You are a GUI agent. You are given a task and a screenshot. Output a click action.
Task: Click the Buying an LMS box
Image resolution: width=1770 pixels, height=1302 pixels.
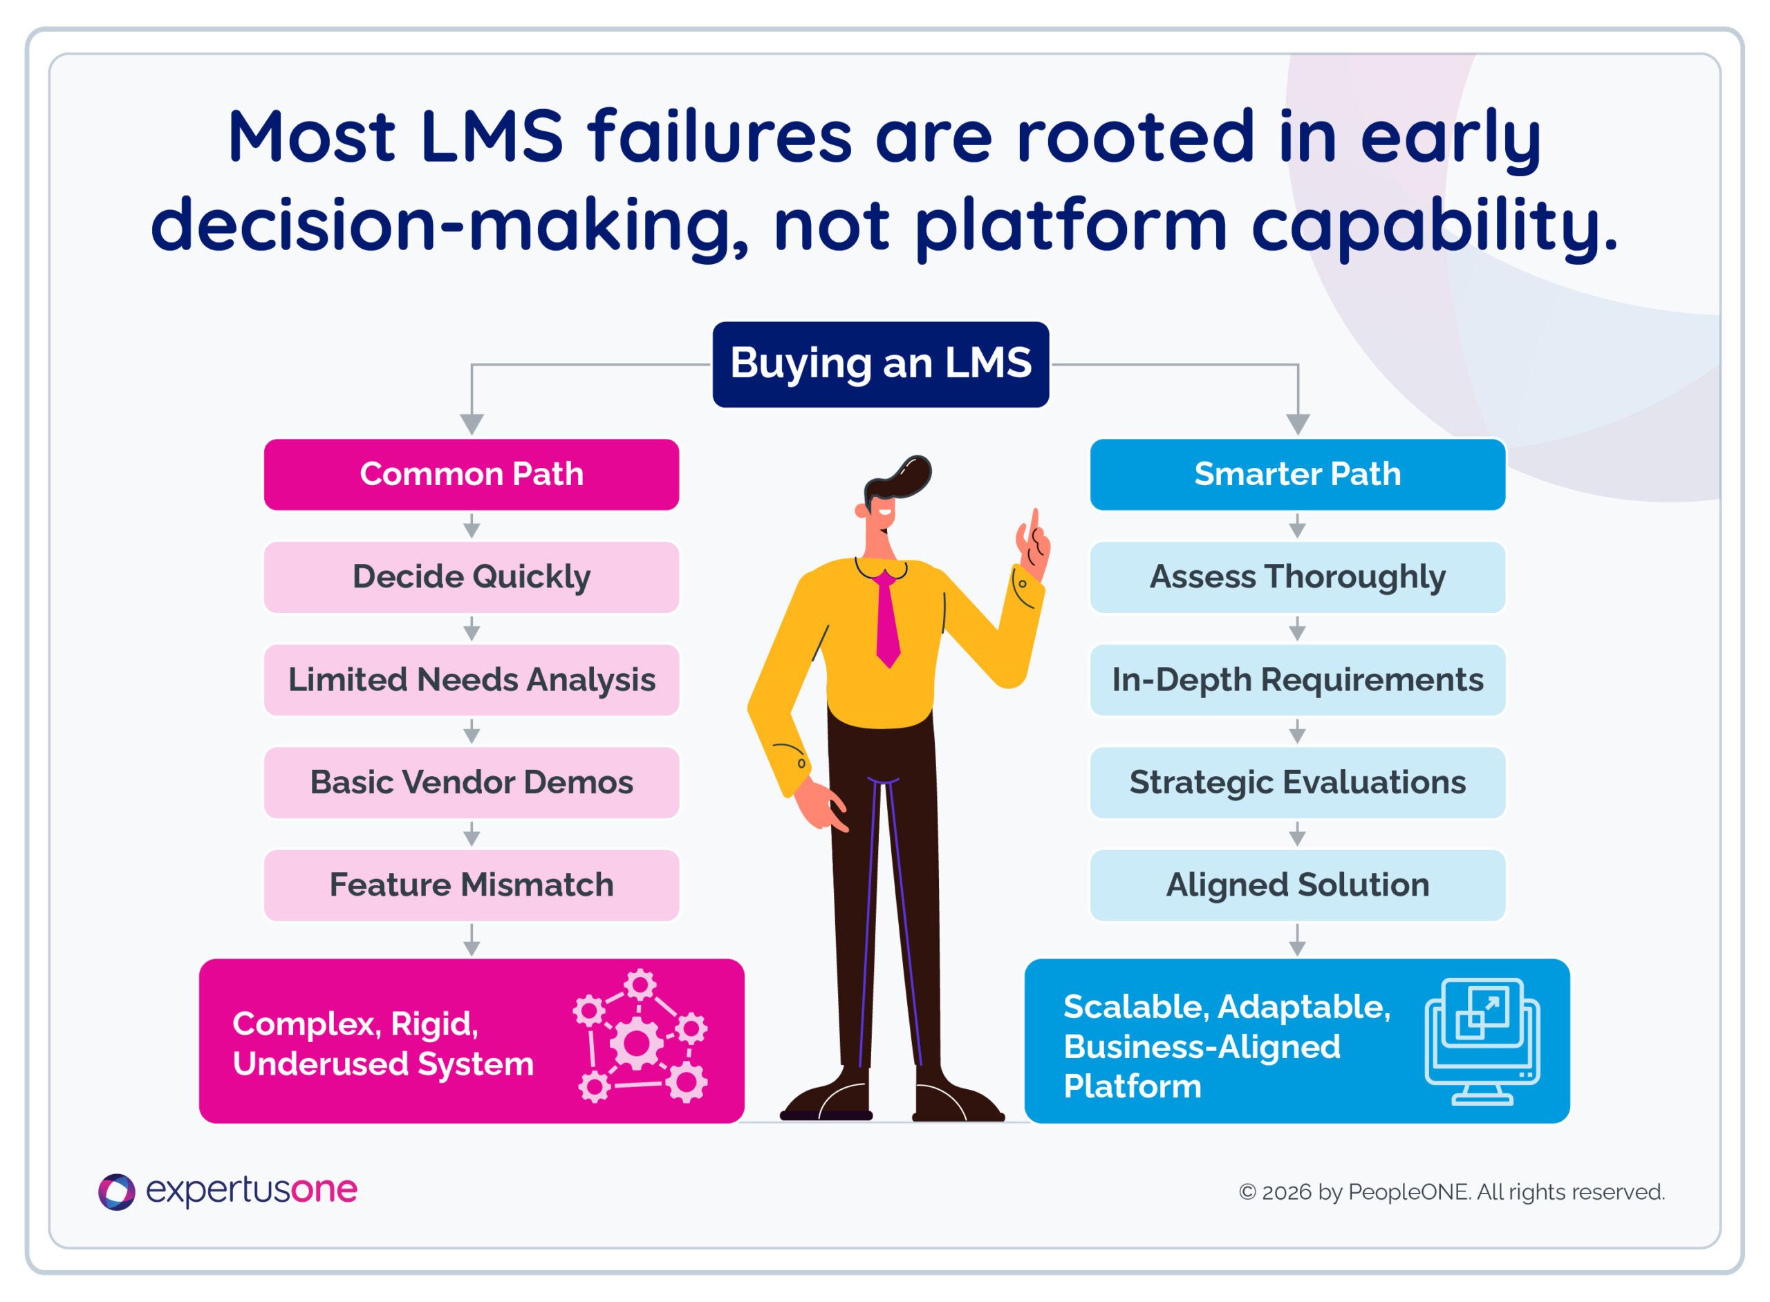pyautogui.click(x=881, y=364)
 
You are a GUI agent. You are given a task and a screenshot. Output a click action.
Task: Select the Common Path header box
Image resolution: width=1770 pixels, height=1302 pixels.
pyautogui.click(x=472, y=475)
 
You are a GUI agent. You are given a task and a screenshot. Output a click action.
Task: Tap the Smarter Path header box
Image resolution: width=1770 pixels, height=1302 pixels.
pyautogui.click(x=1298, y=475)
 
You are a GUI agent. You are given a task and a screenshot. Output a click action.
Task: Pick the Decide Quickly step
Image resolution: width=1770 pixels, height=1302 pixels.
pyautogui.click(x=472, y=577)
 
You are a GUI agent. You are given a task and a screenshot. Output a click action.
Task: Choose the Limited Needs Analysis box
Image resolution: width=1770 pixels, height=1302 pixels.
pyautogui.click(x=472, y=680)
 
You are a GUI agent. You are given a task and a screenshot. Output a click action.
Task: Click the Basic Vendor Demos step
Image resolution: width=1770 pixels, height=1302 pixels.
pyautogui.click(x=472, y=782)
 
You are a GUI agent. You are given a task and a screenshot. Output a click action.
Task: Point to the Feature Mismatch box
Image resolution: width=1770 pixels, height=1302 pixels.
pyautogui.click(x=472, y=885)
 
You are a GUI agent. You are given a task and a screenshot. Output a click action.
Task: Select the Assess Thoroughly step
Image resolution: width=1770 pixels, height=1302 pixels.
pyautogui.click(x=1298, y=577)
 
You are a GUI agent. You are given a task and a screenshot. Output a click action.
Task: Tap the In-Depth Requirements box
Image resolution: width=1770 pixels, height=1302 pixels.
pyautogui.click(x=1298, y=680)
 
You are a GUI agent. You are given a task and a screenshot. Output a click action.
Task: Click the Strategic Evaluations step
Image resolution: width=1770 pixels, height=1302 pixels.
pyautogui.click(x=1298, y=782)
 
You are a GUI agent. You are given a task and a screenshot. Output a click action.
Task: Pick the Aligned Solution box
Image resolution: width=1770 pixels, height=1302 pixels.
pyautogui.click(x=1298, y=885)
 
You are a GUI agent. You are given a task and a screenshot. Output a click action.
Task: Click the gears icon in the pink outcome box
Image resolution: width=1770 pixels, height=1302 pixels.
pyautogui.click(x=640, y=1037)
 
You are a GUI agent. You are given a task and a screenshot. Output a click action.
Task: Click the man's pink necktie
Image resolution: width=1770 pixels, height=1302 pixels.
pyautogui.click(x=887, y=619)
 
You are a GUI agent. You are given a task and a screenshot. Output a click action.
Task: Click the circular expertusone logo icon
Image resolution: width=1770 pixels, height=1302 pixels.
pyautogui.click(x=117, y=1191)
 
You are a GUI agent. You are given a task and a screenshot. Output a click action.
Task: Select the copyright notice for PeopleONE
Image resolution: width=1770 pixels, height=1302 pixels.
pyautogui.click(x=1451, y=1191)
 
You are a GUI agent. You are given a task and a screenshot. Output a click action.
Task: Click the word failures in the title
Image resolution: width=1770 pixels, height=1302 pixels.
pyautogui.click(x=720, y=136)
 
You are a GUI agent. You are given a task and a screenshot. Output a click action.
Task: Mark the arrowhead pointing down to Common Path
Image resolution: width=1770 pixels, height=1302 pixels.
pyautogui.click(x=472, y=424)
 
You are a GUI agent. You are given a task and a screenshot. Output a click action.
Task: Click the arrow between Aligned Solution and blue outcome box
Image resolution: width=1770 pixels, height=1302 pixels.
pyautogui.click(x=1298, y=939)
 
